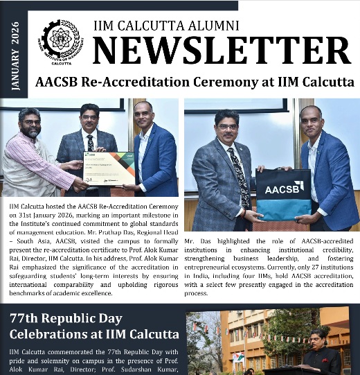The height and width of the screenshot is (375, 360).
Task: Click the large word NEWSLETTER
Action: pos(221,50)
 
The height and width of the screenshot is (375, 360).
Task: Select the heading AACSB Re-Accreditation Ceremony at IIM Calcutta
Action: pos(194,82)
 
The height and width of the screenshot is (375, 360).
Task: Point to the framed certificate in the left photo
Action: pos(109,168)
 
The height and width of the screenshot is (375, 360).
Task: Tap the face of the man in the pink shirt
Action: pos(29,125)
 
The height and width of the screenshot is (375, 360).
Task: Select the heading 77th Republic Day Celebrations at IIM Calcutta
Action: pos(94,327)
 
